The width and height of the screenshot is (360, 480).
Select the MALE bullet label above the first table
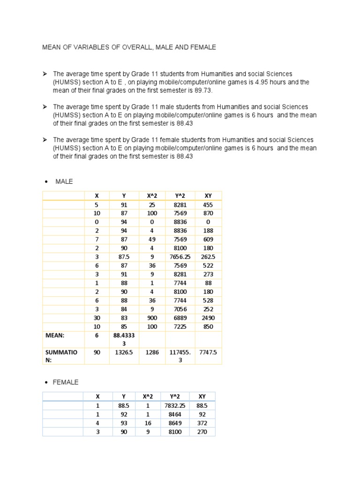pyautogui.click(x=64, y=181)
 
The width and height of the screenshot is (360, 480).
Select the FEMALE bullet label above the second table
pyautogui.click(x=66, y=382)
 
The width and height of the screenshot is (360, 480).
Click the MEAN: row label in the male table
pyautogui.click(x=55, y=336)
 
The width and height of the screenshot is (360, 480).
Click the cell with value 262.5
pyautogui.click(x=208, y=257)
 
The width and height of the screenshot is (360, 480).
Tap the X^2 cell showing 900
pyautogui.click(x=152, y=318)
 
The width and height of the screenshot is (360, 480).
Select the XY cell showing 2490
pyautogui.click(x=208, y=318)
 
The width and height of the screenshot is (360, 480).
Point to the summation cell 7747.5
pyautogui.click(x=208, y=352)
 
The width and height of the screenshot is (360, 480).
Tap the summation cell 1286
pyautogui.click(x=152, y=352)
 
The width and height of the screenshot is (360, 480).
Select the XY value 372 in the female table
pyautogui.click(x=202, y=423)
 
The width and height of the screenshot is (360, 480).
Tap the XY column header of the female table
pyautogui.click(x=202, y=396)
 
